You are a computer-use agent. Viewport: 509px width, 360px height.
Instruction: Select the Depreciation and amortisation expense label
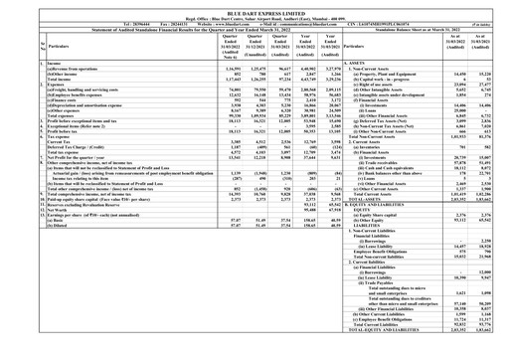[76, 103]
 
